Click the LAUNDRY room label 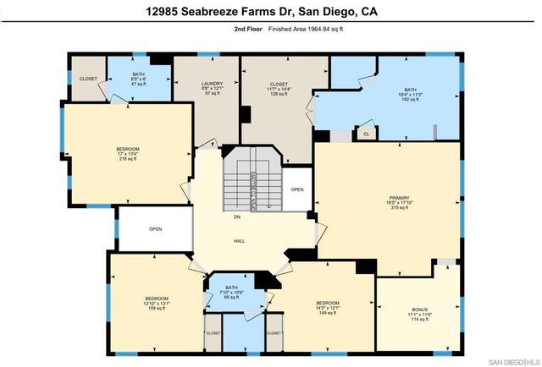[207, 87]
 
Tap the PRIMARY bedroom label [388, 202]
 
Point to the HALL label [240, 241]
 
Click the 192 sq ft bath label [410, 94]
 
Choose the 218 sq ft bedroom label [128, 154]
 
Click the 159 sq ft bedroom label [157, 303]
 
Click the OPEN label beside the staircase [296, 189]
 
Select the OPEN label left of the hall [156, 229]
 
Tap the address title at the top [271, 11]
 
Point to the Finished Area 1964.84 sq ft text [306, 29]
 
